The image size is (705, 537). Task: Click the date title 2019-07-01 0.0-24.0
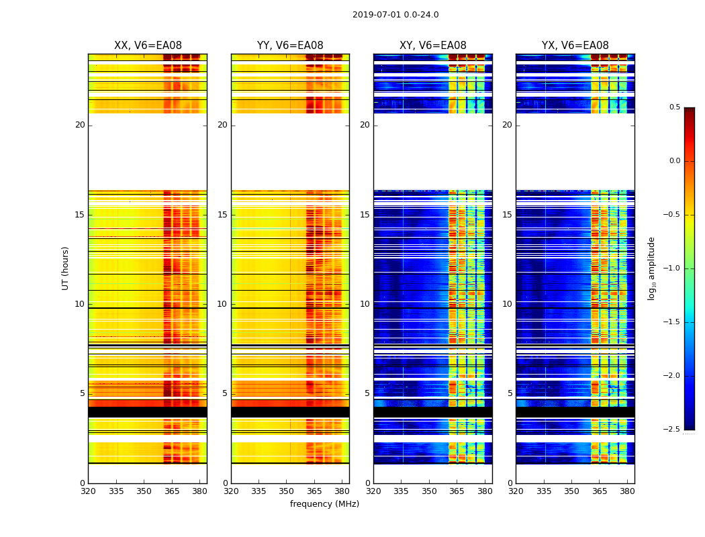click(395, 15)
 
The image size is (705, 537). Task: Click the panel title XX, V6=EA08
click(148, 46)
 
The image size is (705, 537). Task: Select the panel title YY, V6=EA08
click(290, 46)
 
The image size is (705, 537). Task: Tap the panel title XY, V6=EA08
click(432, 46)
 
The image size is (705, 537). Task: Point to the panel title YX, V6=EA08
click(575, 46)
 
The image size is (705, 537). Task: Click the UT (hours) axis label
click(66, 268)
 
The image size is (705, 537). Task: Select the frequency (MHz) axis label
click(324, 504)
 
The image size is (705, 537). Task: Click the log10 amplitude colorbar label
click(651, 268)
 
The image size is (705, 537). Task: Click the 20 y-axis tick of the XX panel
click(80, 125)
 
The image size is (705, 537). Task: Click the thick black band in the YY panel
click(290, 411)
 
